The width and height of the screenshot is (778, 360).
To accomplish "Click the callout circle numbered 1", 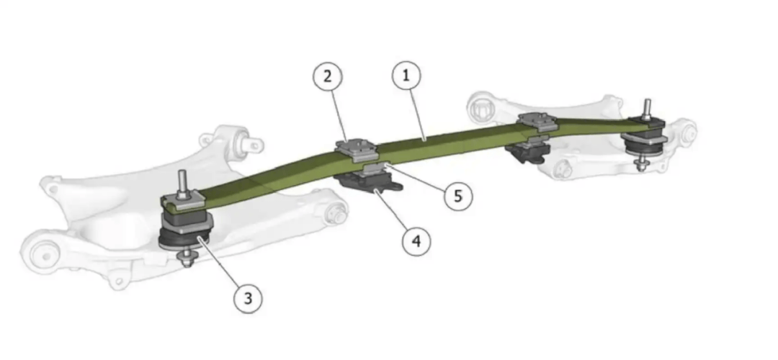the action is (406, 76).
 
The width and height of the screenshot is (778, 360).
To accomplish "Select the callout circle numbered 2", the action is (328, 77).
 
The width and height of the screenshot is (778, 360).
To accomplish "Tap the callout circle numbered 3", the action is (248, 299).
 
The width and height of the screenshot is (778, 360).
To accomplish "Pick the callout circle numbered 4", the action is (416, 241).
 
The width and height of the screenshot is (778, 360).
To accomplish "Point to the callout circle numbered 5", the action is (458, 196).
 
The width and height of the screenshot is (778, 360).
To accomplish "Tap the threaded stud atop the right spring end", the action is (647, 109).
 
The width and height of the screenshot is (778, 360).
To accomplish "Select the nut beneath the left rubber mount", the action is (187, 257).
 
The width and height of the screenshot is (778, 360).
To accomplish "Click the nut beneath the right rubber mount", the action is (642, 163).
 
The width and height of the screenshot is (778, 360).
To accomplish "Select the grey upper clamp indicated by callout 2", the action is (357, 149).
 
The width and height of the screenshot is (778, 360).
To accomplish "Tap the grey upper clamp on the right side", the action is (538, 122).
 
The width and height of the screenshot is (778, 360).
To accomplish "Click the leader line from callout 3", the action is (218, 263).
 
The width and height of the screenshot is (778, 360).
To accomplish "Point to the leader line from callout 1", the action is (416, 115).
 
